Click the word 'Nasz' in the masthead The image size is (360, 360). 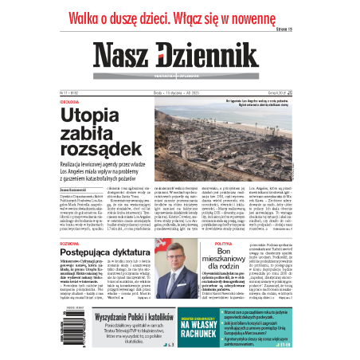click(127, 53)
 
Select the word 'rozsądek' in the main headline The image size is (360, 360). click(98, 152)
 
